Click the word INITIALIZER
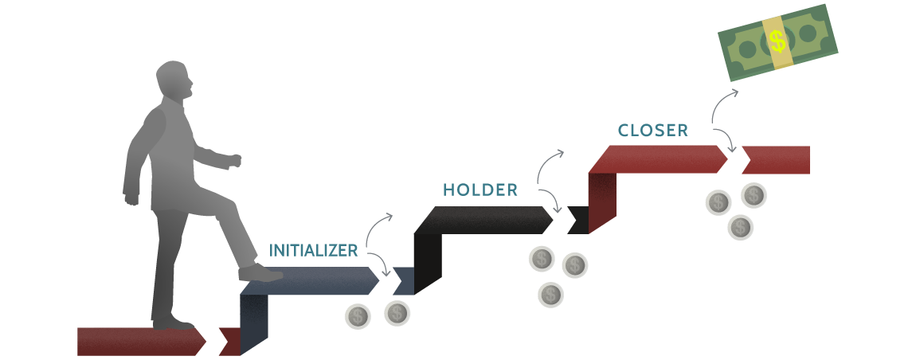(x=313, y=250)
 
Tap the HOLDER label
(x=480, y=190)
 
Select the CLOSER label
(x=652, y=131)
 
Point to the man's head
(x=174, y=82)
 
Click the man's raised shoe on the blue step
(x=260, y=273)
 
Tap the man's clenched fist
(x=233, y=161)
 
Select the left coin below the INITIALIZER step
(x=358, y=317)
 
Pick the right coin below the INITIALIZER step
(x=397, y=313)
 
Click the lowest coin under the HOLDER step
(x=550, y=295)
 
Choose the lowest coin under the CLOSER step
(x=740, y=228)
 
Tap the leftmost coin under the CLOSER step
(x=718, y=203)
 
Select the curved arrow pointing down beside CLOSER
(x=725, y=139)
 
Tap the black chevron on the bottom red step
(x=213, y=342)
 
